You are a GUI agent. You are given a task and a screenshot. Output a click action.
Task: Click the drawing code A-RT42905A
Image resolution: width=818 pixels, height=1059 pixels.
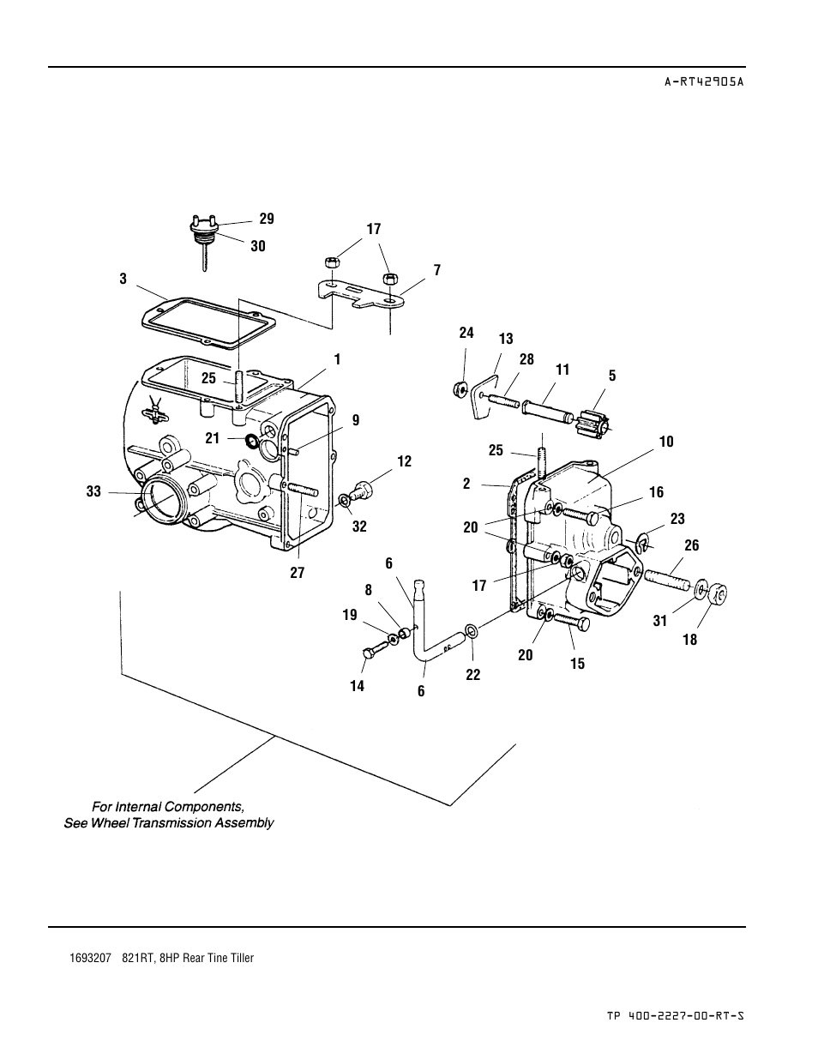pyautogui.click(x=704, y=81)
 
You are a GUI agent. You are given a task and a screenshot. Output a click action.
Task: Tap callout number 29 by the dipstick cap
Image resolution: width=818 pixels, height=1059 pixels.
pyautogui.click(x=267, y=219)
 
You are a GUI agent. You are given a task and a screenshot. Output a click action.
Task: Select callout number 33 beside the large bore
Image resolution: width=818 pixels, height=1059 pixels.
pyautogui.click(x=93, y=491)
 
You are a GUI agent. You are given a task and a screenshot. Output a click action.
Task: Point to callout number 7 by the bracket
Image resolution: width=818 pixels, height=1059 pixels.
pyautogui.click(x=437, y=270)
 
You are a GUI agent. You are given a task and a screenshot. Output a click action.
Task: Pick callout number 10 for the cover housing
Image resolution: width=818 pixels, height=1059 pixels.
pyautogui.click(x=666, y=442)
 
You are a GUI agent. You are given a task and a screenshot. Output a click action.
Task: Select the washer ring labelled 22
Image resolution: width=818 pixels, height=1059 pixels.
pyautogui.click(x=472, y=631)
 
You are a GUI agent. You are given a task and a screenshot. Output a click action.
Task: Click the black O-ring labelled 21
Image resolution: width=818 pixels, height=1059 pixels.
pyautogui.click(x=252, y=441)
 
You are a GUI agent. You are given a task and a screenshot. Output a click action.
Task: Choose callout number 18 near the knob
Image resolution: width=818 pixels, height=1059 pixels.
pyautogui.click(x=690, y=640)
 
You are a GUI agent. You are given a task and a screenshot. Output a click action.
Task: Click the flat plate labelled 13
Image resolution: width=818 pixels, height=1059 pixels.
pyautogui.click(x=483, y=396)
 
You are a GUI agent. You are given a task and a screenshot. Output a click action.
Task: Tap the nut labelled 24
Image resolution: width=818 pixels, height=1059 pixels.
pyautogui.click(x=459, y=389)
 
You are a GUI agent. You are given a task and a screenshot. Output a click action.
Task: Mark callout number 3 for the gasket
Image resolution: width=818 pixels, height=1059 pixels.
pyautogui.click(x=123, y=279)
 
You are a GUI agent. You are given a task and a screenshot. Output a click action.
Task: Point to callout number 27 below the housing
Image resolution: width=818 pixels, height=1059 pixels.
pyautogui.click(x=298, y=572)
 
